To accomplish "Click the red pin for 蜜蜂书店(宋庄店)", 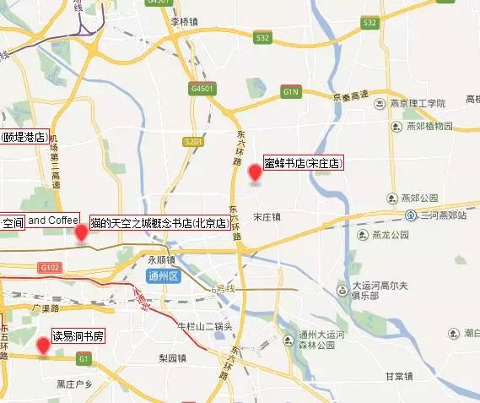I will (x=254, y=173).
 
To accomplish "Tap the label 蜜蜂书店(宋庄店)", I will (x=303, y=163).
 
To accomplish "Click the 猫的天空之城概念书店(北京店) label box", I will (x=159, y=223).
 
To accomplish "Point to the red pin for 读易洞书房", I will (x=42, y=344).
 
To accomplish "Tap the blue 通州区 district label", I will (x=164, y=276).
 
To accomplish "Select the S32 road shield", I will (x=263, y=37).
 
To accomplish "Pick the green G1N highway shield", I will (x=291, y=90).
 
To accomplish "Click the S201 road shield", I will (x=192, y=142).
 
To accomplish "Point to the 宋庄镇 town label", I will (x=267, y=217).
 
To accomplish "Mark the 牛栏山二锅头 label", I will (x=202, y=325).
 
